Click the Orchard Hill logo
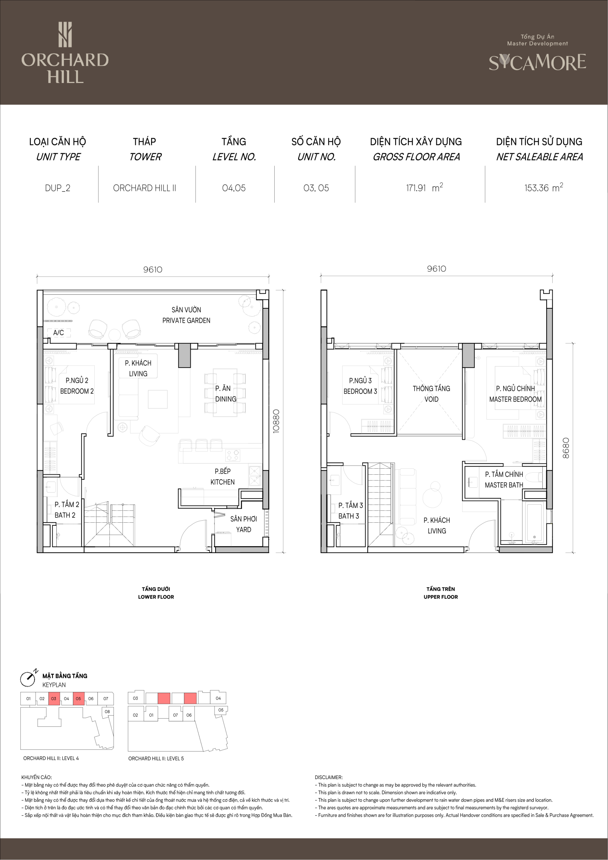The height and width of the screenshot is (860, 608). pyautogui.click(x=65, y=52)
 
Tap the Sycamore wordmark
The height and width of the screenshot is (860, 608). pyautogui.click(x=537, y=62)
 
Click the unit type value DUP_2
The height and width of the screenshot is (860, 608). pyautogui.click(x=58, y=188)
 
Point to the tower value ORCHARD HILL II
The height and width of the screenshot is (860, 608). pyautogui.click(x=144, y=188)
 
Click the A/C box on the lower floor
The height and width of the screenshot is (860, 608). pyautogui.click(x=59, y=333)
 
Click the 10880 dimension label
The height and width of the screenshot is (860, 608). pyautogui.click(x=276, y=421)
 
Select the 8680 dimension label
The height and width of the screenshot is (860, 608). pyautogui.click(x=566, y=448)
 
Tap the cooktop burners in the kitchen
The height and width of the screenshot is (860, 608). pyautogui.click(x=233, y=456)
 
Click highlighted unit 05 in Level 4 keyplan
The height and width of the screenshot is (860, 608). pyautogui.click(x=78, y=698)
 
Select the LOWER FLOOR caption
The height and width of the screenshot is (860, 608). pyautogui.click(x=156, y=597)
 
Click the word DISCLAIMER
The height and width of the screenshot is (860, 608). pyautogui.click(x=328, y=777)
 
